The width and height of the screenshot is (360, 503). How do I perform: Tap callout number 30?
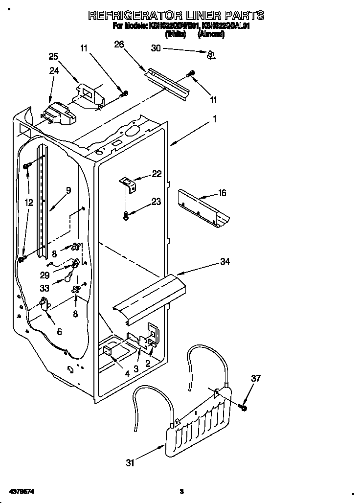coord(156,48)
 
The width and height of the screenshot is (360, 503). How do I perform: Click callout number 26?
coord(119,45)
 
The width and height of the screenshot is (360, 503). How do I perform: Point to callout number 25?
coord(54,56)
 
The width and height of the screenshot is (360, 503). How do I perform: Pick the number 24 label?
coord(54,70)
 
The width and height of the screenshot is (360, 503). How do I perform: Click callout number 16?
coord(222,193)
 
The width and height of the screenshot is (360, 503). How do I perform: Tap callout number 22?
coord(157,174)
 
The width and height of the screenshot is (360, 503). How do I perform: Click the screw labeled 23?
coord(127,215)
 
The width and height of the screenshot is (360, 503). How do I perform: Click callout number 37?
coord(256,378)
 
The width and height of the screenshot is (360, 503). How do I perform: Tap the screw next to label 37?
coord(243,406)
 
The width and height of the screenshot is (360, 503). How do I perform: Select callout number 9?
coord(68,191)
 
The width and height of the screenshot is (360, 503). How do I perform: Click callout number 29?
coord(45,276)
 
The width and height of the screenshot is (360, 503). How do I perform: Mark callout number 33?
coord(45,289)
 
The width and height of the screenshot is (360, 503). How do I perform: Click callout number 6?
coord(59,332)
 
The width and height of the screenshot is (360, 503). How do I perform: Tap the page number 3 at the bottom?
coord(181,491)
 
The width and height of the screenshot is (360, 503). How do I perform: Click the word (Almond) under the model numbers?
coord(211,34)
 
